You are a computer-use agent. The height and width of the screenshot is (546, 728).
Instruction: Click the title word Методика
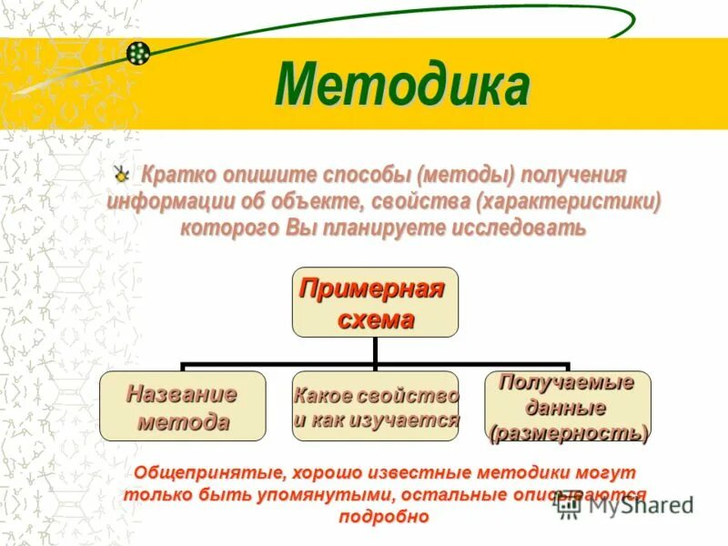point(401,86)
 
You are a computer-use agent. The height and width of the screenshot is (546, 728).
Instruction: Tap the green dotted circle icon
point(138,54)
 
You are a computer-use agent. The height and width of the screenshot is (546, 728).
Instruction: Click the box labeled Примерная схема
point(374,301)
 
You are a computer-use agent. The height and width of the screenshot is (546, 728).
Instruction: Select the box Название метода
point(182,406)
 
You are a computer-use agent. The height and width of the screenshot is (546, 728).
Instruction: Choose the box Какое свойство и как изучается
point(374,406)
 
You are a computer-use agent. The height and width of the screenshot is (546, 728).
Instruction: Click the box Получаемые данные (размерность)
point(567,406)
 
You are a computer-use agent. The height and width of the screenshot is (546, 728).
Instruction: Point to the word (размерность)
point(567,432)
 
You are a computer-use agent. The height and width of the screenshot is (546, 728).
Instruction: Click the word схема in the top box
point(375,318)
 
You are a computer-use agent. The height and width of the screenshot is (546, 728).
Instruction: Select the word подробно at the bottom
point(382,516)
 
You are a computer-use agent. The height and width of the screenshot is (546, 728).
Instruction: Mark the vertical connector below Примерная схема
point(374,350)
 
